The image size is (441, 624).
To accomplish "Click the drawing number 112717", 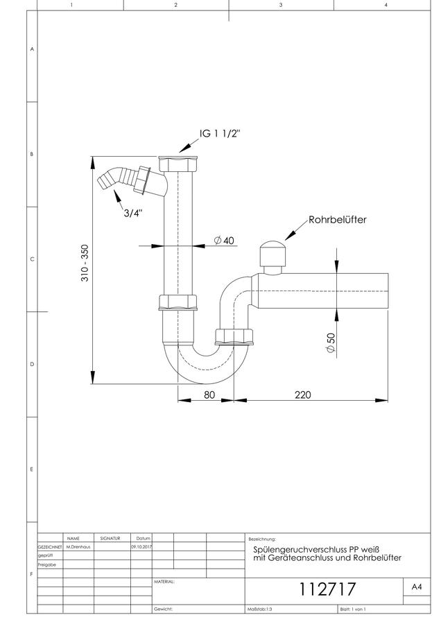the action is click(x=327, y=589).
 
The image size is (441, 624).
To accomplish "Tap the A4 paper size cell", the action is click(x=416, y=587).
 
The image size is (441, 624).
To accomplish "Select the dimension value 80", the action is click(x=209, y=395).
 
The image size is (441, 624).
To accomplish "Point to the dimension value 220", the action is click(x=302, y=395).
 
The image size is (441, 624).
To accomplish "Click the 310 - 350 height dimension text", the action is click(x=85, y=263).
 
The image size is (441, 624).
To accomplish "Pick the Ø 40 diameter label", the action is click(x=224, y=241).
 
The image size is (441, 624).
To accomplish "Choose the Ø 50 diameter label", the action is click(x=331, y=343).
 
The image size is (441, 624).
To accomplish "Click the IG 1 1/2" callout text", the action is click(x=220, y=133).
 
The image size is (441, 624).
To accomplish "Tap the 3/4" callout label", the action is click(x=133, y=213).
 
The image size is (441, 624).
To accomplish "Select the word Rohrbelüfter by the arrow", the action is click(x=338, y=220).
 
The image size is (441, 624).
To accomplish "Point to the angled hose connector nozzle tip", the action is click(x=102, y=182).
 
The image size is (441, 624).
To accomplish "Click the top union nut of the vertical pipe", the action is click(x=178, y=164).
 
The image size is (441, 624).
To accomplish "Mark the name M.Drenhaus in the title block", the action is click(x=78, y=547).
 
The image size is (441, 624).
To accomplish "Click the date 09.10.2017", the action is click(x=141, y=547).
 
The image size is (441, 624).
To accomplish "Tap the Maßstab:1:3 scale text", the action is click(x=260, y=609).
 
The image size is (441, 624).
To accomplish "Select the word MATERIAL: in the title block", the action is click(x=164, y=582).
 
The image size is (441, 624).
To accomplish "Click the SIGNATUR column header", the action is click(x=110, y=539).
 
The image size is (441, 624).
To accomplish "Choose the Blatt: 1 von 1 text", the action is click(x=353, y=609).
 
